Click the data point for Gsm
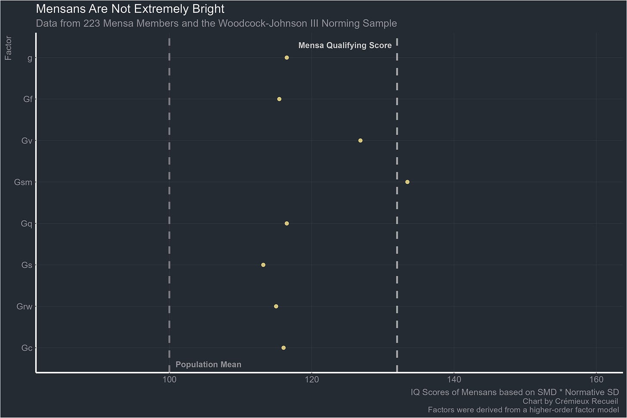point(407,182)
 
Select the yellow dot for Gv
point(360,141)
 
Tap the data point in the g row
point(286,58)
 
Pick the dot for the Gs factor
point(263,265)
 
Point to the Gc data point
point(283,348)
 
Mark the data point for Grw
point(276,307)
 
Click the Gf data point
point(279,99)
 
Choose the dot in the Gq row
point(286,223)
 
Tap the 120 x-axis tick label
point(311,380)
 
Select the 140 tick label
point(454,380)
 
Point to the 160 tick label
point(596,380)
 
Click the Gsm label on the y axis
point(23,183)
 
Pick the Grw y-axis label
point(24,307)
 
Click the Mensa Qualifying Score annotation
point(345,46)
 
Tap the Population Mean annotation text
point(208,365)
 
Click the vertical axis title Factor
point(8,48)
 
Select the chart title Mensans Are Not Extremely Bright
point(130,9)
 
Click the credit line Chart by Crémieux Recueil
point(570,401)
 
